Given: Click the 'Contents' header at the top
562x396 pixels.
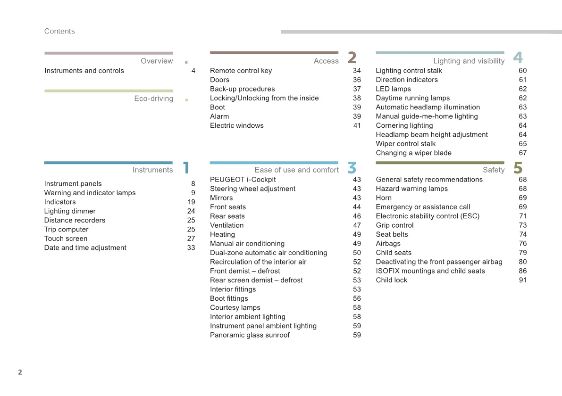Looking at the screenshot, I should click(59, 31).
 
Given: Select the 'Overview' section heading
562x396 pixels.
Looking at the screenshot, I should click(157, 61).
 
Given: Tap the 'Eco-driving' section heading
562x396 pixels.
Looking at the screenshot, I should click(154, 99).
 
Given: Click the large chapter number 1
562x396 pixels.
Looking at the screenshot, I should click(186, 168).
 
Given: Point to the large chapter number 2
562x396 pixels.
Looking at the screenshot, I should click(352, 58).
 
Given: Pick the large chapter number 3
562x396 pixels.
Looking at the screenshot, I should click(352, 168).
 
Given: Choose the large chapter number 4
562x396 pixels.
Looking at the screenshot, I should click(518, 58).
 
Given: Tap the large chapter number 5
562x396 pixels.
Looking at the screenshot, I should click(518, 168).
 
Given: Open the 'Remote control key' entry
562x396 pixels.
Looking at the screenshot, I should click(241, 71).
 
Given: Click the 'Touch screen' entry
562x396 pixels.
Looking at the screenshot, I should click(66, 239).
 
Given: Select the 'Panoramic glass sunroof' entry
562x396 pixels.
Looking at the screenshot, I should click(250, 335).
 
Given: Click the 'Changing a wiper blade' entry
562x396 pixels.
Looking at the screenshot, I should click(413, 153).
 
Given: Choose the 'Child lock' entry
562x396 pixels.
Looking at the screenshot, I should click(391, 280).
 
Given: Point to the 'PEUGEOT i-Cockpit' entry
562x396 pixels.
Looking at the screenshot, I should click(243, 180).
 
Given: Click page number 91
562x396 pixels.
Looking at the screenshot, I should click(522, 280).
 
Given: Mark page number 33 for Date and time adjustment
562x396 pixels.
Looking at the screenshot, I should click(191, 247).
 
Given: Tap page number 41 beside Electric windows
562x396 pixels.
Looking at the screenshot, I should click(357, 125).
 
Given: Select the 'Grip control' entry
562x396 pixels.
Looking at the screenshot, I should click(394, 225).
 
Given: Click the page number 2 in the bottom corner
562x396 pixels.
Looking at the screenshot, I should click(20, 372).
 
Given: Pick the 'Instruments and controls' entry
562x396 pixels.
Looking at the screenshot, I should click(84, 71).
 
